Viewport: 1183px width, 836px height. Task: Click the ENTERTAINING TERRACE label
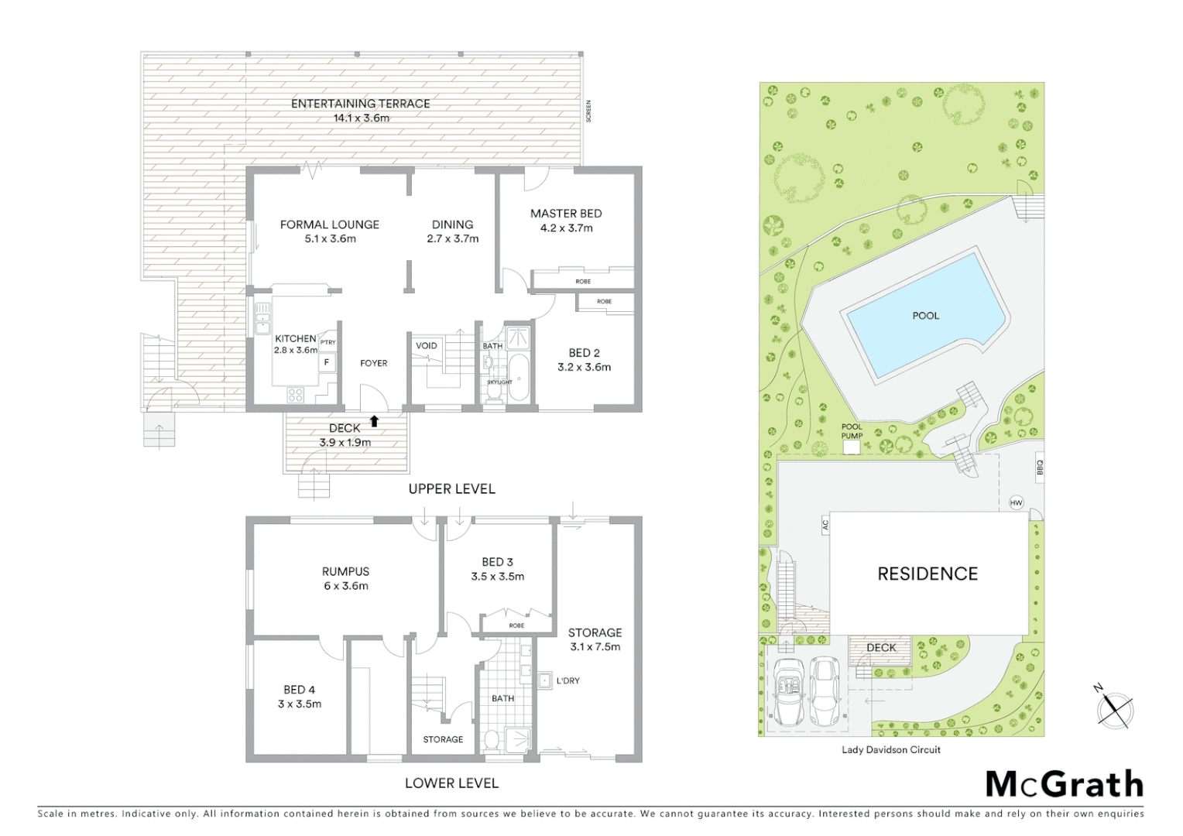[360, 104]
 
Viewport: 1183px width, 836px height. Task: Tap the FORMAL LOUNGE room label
[330, 224]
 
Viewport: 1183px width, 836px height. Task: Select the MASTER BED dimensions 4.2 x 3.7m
[566, 228]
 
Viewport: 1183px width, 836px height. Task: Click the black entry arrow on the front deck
[374, 421]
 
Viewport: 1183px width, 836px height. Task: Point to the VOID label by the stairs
[426, 346]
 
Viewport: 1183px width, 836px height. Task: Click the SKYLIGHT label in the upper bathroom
[499, 382]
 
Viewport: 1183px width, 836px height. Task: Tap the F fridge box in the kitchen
[327, 361]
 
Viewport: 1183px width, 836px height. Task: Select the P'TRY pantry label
[327, 342]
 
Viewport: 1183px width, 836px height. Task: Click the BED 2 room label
[584, 353]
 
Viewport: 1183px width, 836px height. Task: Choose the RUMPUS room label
[345, 571]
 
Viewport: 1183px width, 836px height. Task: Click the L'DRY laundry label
[567, 681]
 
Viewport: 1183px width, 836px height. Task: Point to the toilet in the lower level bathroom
[491, 741]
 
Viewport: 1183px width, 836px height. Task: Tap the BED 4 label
[299, 690]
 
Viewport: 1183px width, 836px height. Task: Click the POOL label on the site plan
[925, 316]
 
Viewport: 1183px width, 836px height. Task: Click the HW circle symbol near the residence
[1016, 503]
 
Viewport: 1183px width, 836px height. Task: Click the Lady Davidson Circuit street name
[890, 749]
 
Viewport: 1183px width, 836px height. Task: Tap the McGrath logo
[1064, 784]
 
